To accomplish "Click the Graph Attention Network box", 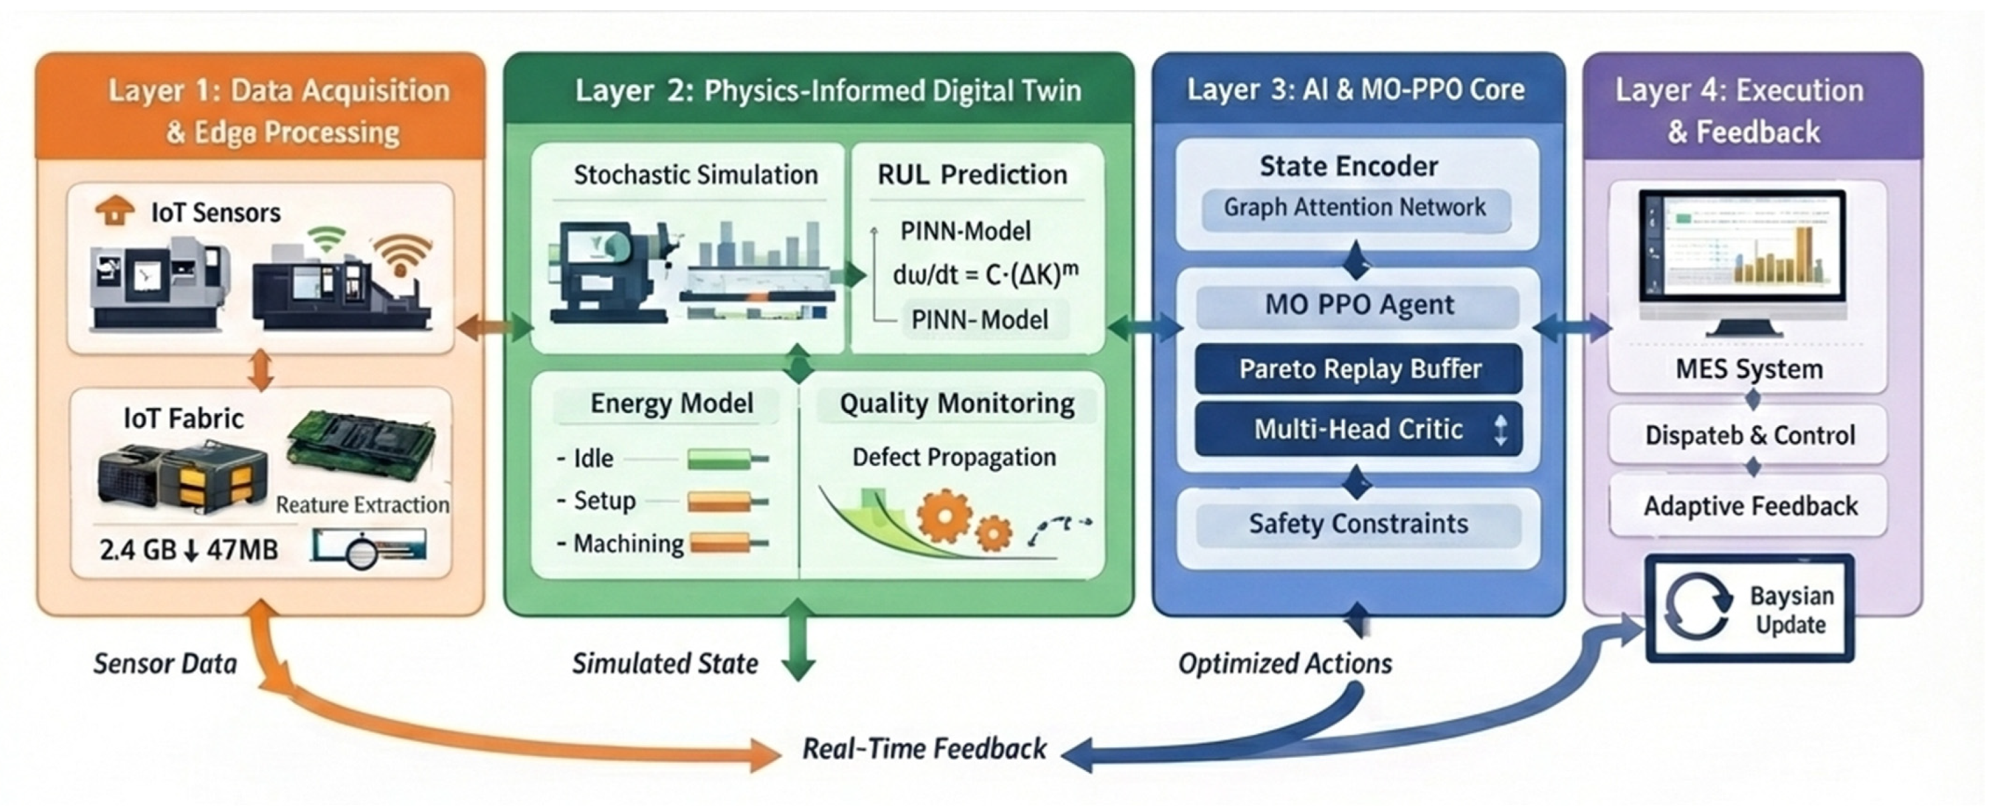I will (1355, 208).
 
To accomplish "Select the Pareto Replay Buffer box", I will (1359, 369).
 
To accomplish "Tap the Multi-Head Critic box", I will (1359, 429).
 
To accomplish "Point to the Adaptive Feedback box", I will (1750, 507).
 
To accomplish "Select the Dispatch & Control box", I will (1750, 435).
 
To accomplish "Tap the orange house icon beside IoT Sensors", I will (114, 210).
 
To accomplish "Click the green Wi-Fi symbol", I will (326, 239).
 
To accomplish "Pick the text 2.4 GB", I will (138, 550).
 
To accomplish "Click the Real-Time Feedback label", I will (924, 749).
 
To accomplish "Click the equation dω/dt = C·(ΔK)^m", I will (985, 275).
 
